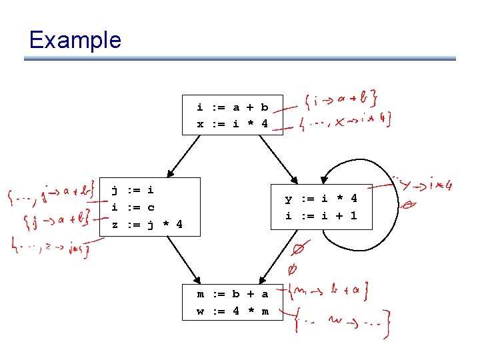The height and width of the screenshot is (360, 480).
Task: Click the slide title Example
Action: pyautogui.click(x=75, y=40)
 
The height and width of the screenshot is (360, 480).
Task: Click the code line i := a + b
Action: pyautogui.click(x=232, y=107)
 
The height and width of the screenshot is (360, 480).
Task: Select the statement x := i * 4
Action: pyautogui.click(x=232, y=123)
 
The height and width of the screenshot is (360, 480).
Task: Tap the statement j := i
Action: pyautogui.click(x=132, y=190)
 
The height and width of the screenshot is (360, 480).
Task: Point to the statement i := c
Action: pyautogui.click(x=132, y=207)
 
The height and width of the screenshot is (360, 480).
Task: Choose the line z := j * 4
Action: pyautogui.click(x=147, y=224)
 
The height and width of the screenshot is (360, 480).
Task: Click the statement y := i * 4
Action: pyautogui.click(x=321, y=199)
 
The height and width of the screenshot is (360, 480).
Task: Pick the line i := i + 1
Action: pyautogui.click(x=321, y=215)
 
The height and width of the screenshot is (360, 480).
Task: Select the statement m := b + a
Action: pyautogui.click(x=232, y=294)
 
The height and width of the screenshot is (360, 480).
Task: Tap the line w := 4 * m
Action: pyautogui.click(x=232, y=311)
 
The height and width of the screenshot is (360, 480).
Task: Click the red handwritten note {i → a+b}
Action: pyautogui.click(x=340, y=101)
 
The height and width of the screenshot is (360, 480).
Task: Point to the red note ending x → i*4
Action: pyautogui.click(x=344, y=120)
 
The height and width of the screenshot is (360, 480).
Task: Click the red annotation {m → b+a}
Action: pyautogui.click(x=331, y=291)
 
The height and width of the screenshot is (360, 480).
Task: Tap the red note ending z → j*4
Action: pyautogui.click(x=50, y=249)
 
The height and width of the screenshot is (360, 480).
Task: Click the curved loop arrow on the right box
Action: pyautogui.click(x=395, y=193)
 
